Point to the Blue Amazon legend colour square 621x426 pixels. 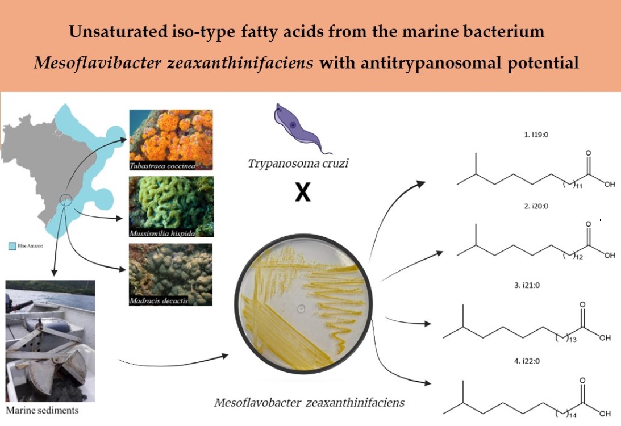(x=12, y=247)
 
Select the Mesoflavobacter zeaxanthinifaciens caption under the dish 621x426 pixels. (x=309, y=403)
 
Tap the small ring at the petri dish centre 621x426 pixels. (x=301, y=310)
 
